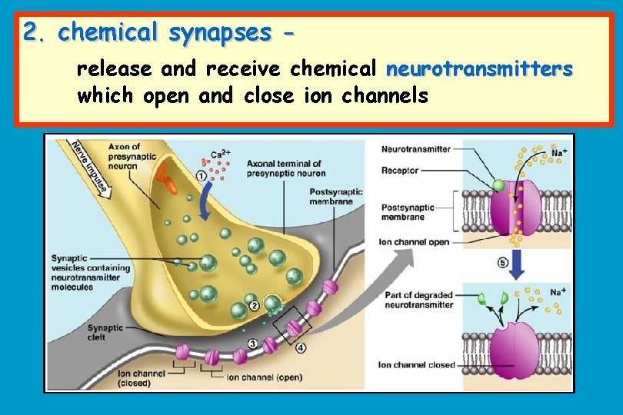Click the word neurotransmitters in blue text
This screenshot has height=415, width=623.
tap(479, 70)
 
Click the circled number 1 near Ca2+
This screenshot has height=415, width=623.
tap(202, 175)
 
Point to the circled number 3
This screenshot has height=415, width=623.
tap(253, 343)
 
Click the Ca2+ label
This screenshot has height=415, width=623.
tap(222, 154)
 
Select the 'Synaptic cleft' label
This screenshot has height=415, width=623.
tap(105, 332)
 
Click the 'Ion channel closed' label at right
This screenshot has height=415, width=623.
tap(416, 365)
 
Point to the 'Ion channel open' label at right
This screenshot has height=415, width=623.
tap(414, 242)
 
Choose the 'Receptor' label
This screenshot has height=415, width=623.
tap(400, 170)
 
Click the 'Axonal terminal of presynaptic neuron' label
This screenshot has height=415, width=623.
tap(284, 168)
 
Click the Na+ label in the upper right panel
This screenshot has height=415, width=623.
tap(560, 153)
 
